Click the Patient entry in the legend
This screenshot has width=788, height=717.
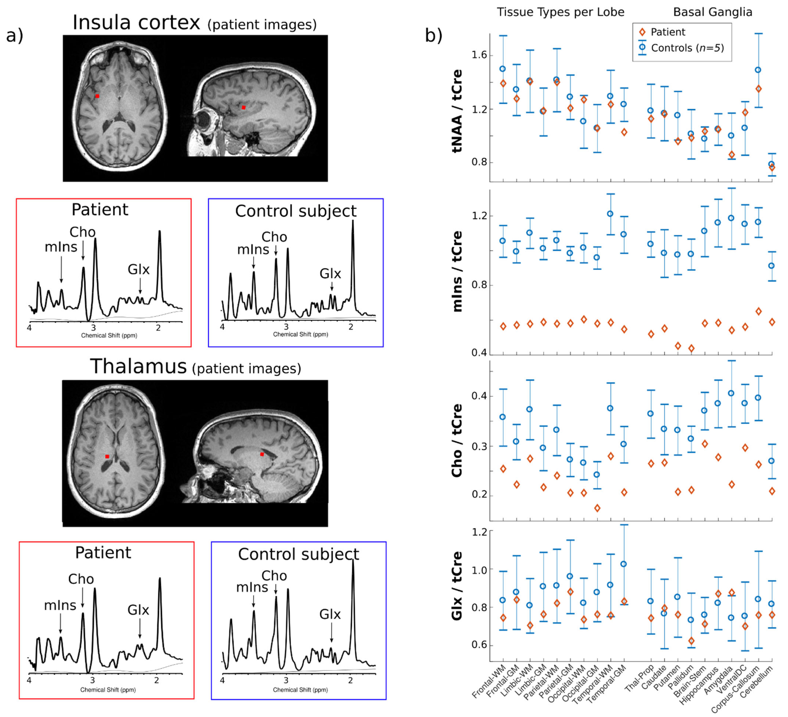668,32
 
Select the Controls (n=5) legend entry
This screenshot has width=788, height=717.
687,48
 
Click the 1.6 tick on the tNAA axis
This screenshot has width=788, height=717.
479,55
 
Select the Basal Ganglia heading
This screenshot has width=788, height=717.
712,12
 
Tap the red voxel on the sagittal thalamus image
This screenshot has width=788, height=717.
262,454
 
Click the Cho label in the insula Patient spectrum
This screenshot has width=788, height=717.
82,232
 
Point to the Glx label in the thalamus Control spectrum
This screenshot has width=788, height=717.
330,614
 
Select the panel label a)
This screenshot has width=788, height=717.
15,36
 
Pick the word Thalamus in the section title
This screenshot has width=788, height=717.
138,367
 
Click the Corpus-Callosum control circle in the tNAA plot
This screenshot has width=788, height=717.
758,70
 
